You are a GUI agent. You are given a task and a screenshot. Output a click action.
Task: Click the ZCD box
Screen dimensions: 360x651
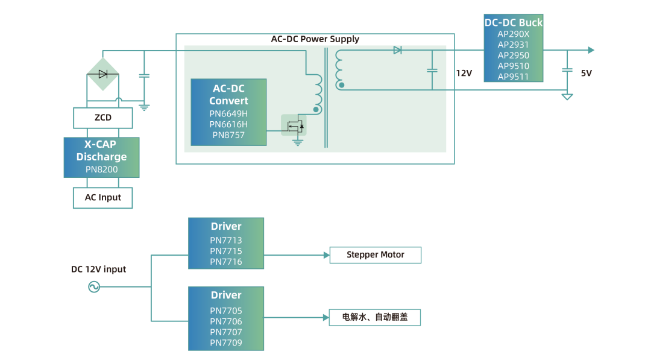[x=102, y=118]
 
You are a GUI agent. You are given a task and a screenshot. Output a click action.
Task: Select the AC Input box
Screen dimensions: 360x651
[x=102, y=198]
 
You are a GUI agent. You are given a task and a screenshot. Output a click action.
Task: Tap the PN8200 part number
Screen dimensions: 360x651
[x=102, y=169]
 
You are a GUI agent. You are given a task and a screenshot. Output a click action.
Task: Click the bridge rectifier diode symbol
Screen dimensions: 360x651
[x=102, y=74]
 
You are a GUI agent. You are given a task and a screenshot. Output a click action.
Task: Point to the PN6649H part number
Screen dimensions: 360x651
[x=228, y=113]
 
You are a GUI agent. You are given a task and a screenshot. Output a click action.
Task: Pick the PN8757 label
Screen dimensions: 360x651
[x=228, y=135]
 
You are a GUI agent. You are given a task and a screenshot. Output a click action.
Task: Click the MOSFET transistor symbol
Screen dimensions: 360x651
[x=294, y=125]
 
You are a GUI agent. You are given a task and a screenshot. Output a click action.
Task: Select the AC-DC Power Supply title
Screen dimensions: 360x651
[x=315, y=39]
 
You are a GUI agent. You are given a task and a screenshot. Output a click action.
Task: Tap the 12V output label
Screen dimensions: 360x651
[x=464, y=73]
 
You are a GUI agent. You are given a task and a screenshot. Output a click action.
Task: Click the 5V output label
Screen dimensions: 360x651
[x=587, y=73]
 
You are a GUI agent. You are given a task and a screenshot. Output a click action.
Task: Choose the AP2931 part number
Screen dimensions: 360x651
[x=513, y=45]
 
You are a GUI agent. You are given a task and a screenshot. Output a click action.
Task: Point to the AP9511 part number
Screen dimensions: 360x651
[x=513, y=77]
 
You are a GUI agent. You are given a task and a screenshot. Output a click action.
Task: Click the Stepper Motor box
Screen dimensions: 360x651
[x=375, y=255]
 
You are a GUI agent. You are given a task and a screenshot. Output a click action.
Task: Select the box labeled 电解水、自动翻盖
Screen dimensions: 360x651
[x=374, y=317]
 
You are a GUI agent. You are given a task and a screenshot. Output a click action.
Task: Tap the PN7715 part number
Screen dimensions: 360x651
[x=226, y=251]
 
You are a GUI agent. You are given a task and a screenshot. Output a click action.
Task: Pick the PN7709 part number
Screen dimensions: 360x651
[x=226, y=343]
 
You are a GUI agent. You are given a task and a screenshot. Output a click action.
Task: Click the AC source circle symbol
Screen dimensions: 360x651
[x=94, y=287]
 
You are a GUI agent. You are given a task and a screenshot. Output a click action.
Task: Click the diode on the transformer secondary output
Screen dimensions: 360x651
[x=397, y=50]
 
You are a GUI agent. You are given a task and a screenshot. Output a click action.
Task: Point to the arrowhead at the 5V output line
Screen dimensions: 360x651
[x=591, y=50]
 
